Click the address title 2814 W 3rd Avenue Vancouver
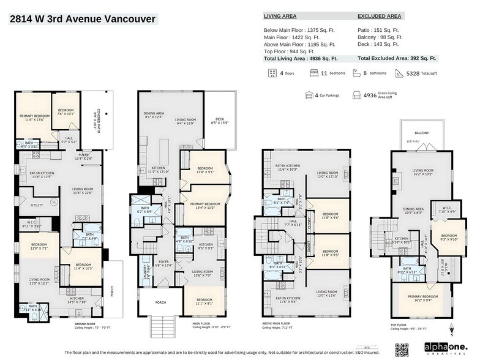point(83,19)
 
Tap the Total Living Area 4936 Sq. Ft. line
point(301,59)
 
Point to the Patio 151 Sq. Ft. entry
point(378,29)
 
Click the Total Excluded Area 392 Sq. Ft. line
point(397,59)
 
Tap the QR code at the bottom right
point(402,350)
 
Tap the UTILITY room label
point(37,206)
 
